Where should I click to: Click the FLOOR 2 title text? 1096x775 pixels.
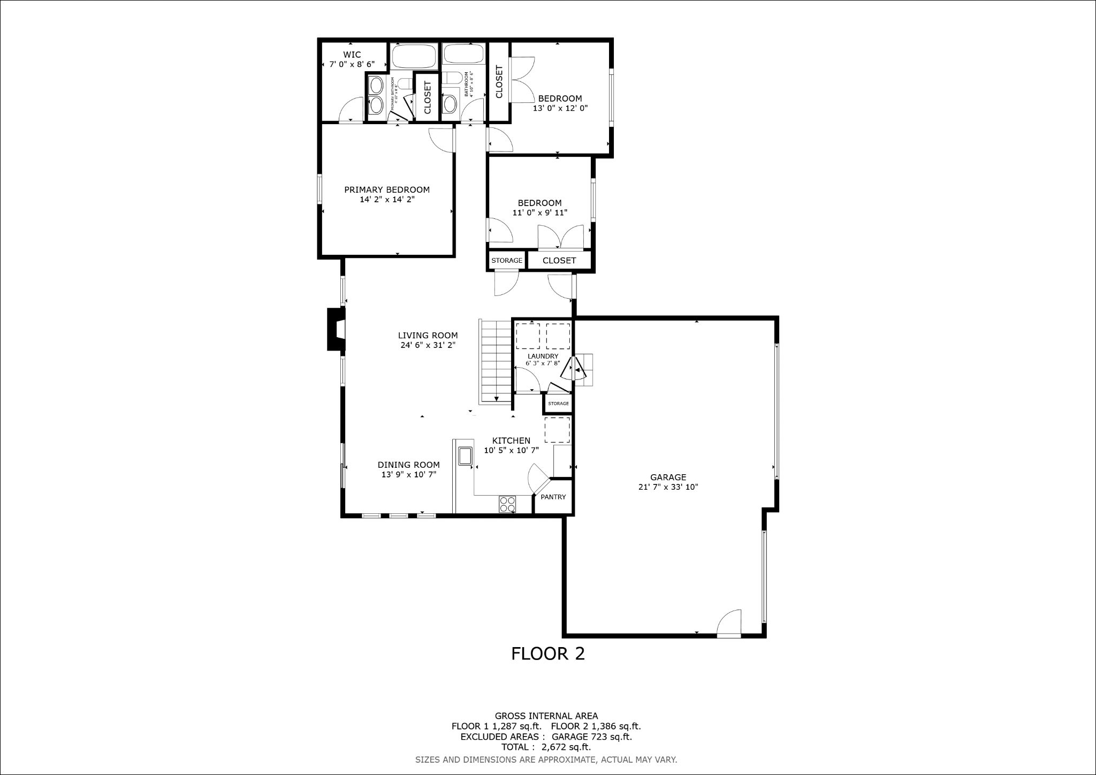click(x=547, y=654)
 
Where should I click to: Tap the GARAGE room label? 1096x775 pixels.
click(x=668, y=477)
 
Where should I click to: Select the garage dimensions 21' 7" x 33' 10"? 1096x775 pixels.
click(x=668, y=487)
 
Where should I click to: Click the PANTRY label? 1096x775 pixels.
click(x=553, y=497)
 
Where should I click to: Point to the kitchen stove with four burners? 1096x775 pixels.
click(x=507, y=504)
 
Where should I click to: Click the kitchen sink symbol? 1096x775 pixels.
click(x=465, y=455)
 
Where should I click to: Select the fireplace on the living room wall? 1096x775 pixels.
click(x=336, y=329)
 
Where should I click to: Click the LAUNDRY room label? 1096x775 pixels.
click(x=543, y=356)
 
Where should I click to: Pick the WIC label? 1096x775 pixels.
click(x=352, y=55)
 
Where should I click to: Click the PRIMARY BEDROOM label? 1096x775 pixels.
click(x=386, y=189)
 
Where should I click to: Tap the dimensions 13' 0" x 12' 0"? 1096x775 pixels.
click(x=560, y=108)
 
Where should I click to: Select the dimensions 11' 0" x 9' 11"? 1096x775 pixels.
click(x=539, y=212)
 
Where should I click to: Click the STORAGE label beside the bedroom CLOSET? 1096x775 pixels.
click(x=507, y=261)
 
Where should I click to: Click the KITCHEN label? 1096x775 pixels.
click(x=511, y=440)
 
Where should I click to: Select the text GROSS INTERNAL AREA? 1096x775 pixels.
click(x=546, y=716)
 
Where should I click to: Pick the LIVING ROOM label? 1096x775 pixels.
click(x=428, y=336)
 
